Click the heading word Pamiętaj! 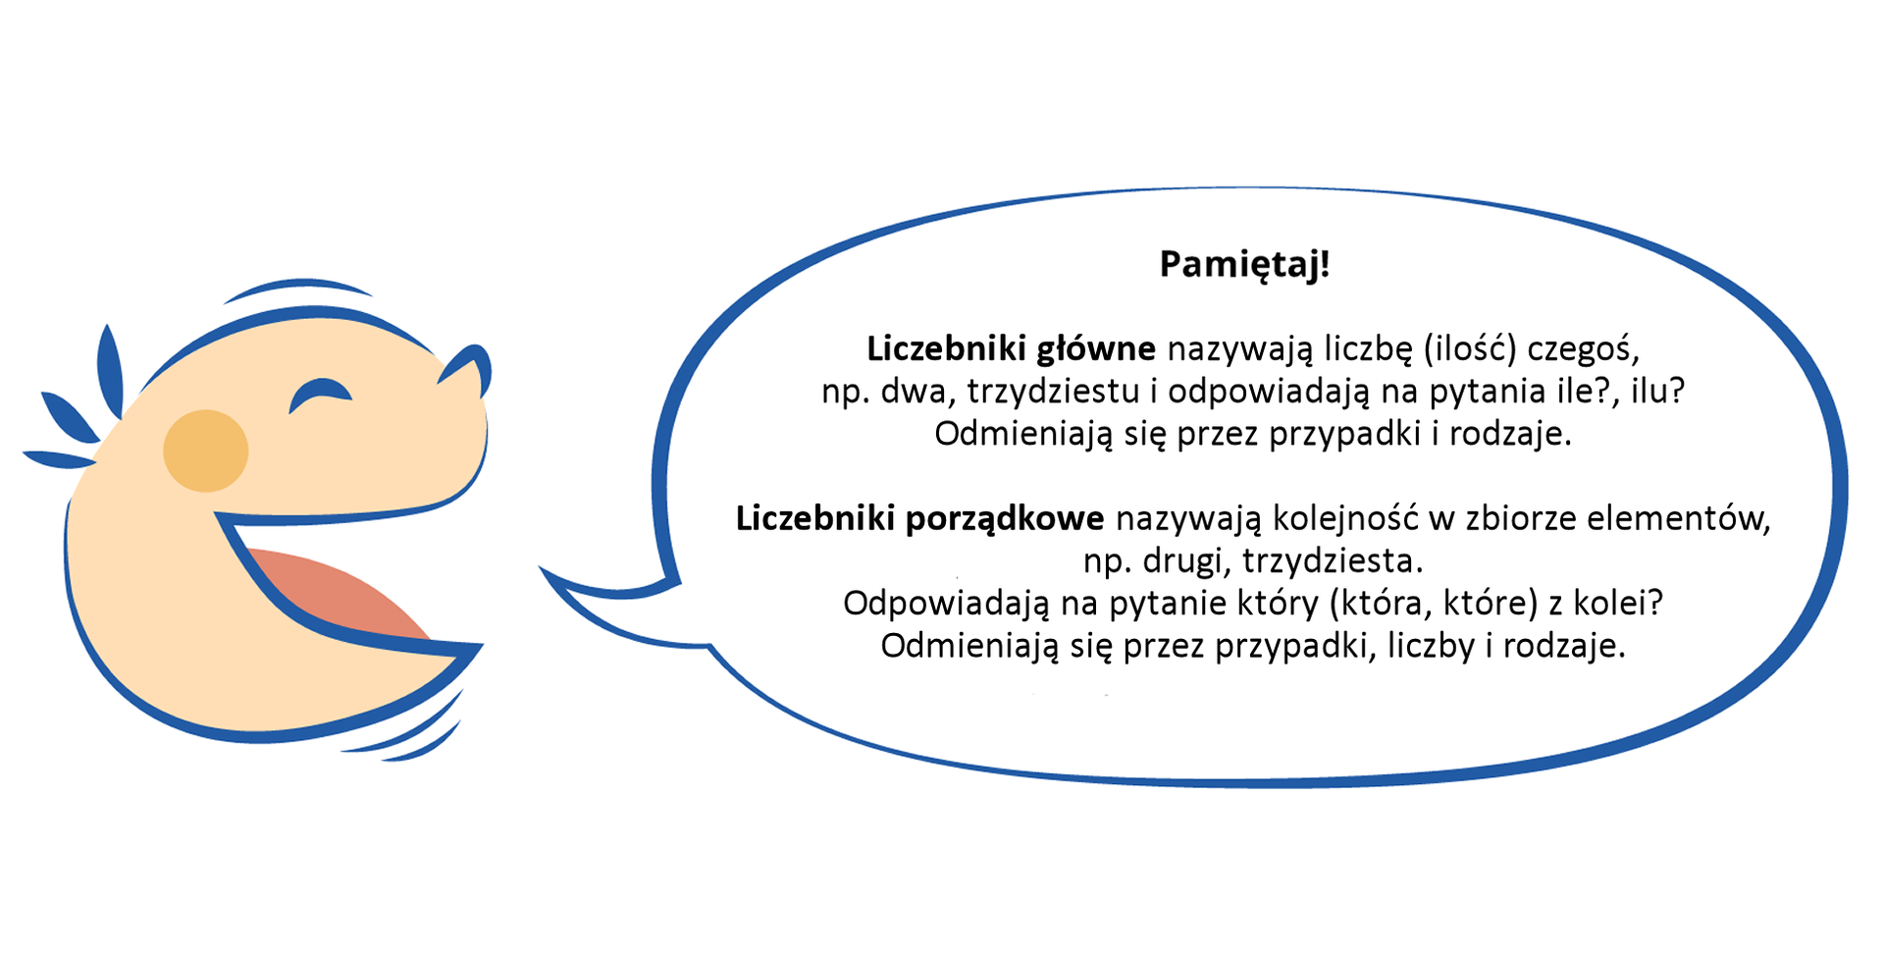1244,264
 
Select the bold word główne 1096,348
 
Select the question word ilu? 1657,392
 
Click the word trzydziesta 1332,561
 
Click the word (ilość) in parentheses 1470,348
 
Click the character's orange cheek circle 205,451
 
